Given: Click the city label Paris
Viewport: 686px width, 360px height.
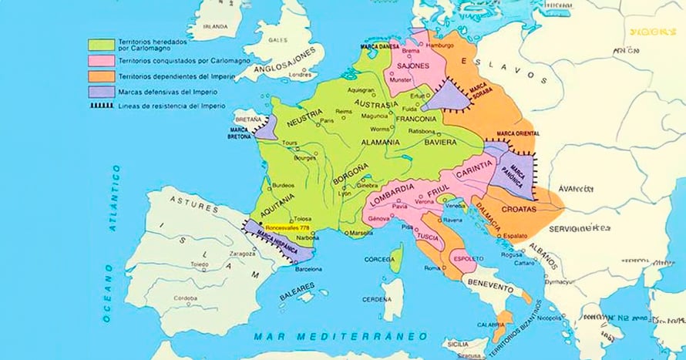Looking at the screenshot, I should (328, 120).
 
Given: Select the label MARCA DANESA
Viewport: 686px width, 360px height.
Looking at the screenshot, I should (381, 46).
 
